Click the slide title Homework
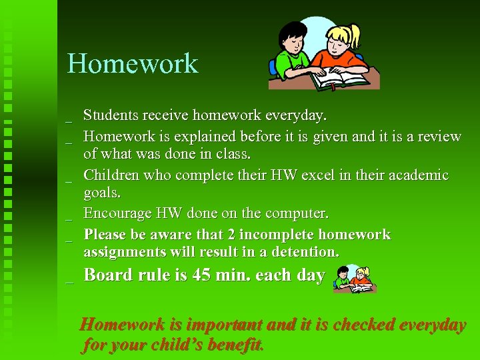point(133,64)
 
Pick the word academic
point(416,175)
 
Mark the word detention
point(306,252)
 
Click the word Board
point(108,275)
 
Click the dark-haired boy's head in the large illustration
point(291,35)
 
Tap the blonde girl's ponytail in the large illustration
point(353,33)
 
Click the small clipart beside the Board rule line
point(355,279)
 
